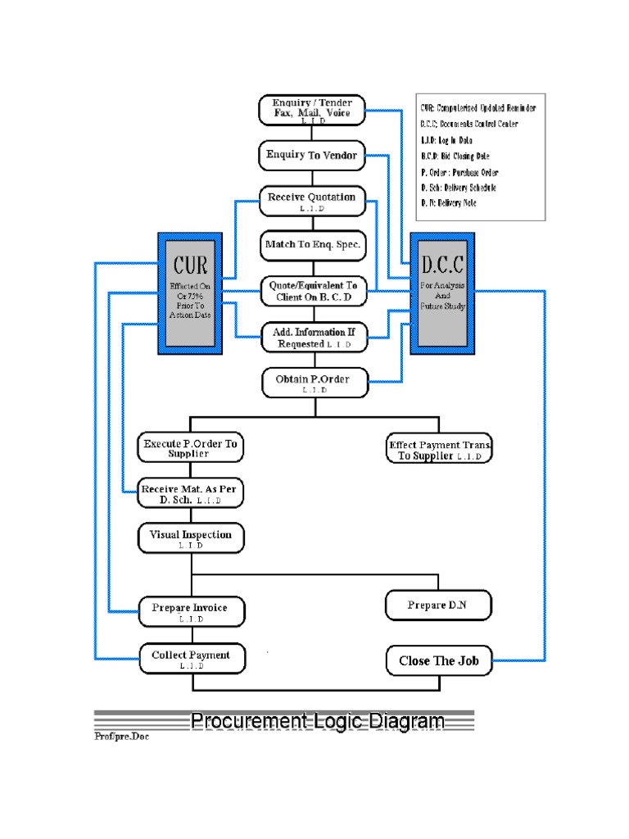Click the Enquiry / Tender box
[x=312, y=110]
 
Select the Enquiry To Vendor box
[x=312, y=154]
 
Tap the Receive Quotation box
[x=312, y=201]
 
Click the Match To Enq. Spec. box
[x=312, y=244]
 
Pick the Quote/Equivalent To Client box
[x=312, y=291]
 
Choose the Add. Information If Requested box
[x=312, y=337]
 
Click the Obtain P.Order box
[x=312, y=381]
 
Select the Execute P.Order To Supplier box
[x=190, y=447]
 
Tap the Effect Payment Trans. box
[x=440, y=449]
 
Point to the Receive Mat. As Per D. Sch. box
[x=190, y=492]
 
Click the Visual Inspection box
[x=190, y=537]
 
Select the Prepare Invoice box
[x=190, y=610]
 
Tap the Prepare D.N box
[x=438, y=605]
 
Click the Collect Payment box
[x=190, y=658]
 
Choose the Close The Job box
[x=438, y=660]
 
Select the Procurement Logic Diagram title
[x=318, y=721]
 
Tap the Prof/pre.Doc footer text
[x=121, y=736]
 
